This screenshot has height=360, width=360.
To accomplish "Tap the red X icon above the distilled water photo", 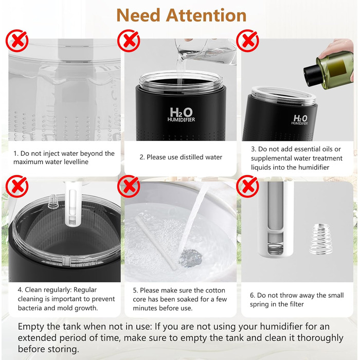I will click(x=129, y=41).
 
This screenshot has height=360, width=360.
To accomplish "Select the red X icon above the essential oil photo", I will click(x=247, y=41).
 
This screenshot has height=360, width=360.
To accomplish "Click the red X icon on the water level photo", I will click(x=17, y=41).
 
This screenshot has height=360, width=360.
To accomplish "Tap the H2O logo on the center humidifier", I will click(x=183, y=113).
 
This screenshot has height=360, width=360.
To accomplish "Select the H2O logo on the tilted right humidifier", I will click(x=301, y=119).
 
